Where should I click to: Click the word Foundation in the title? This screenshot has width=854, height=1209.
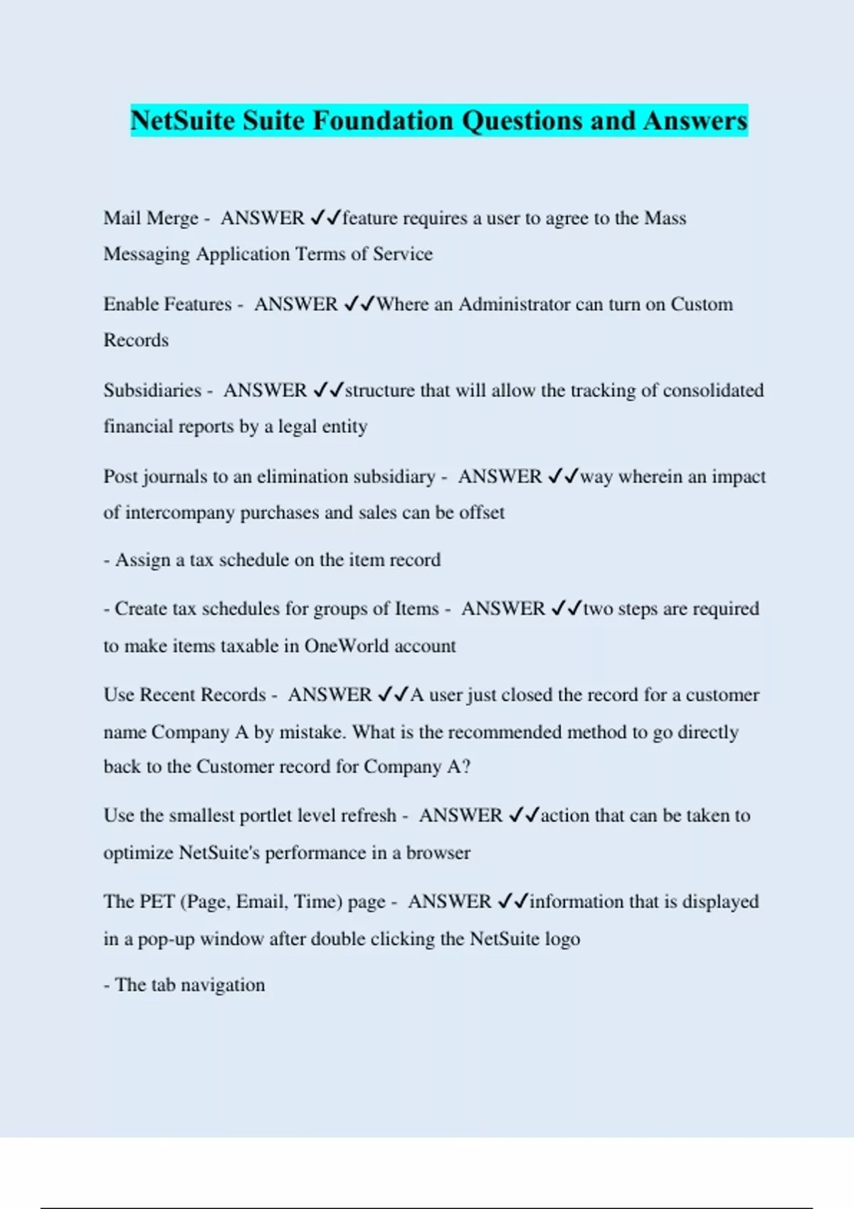pos(383,120)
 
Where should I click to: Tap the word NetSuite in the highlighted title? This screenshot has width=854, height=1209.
pos(183,120)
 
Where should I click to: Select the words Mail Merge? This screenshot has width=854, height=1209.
pos(151,218)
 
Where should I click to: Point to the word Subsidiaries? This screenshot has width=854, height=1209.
pos(152,390)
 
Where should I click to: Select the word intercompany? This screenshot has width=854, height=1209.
pos(179,513)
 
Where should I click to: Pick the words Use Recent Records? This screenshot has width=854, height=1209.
pos(184,695)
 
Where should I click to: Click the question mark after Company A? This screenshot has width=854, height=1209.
pos(466,767)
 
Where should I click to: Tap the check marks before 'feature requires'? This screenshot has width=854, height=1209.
pos(326,218)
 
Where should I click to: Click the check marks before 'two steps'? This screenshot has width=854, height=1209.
pos(567,609)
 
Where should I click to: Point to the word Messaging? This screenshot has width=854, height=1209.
pos(147,255)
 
